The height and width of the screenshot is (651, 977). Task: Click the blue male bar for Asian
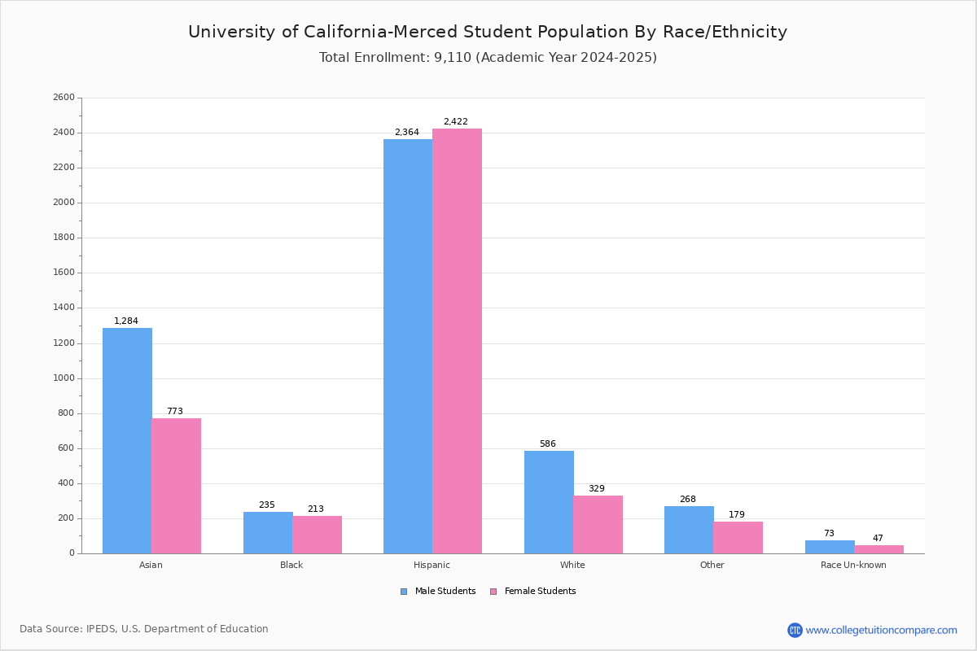[127, 440]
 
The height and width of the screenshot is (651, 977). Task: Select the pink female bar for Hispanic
[457, 341]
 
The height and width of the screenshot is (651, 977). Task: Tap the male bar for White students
[549, 502]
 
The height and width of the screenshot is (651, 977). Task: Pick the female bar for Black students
[318, 535]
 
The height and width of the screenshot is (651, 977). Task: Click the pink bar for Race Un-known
[878, 549]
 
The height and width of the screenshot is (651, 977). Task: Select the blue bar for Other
[689, 530]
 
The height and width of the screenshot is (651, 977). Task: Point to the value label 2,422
[455, 122]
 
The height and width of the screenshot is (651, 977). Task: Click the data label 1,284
[126, 321]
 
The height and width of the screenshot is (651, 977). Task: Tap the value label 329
[596, 489]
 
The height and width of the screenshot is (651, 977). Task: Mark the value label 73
[829, 534]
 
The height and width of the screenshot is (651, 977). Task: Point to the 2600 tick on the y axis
[64, 98]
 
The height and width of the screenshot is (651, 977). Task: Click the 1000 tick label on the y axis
[64, 378]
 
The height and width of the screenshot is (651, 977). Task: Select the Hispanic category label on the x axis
[432, 565]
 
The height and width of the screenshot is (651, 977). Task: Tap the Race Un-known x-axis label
[853, 565]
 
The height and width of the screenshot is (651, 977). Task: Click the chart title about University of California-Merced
[488, 33]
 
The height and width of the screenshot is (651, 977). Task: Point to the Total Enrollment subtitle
[488, 58]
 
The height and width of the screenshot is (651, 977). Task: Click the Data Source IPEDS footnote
[144, 629]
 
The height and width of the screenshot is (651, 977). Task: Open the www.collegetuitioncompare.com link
[881, 630]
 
